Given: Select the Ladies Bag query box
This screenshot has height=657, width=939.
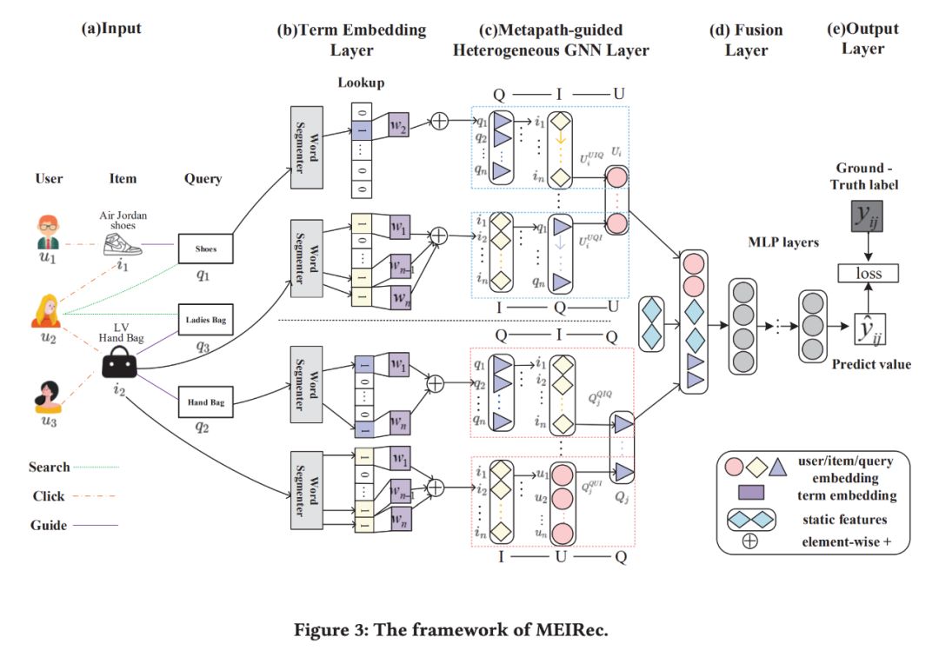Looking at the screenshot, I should [x=206, y=321].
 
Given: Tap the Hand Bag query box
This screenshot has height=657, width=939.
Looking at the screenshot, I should [x=206, y=401].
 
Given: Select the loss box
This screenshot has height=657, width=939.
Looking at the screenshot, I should [x=869, y=273].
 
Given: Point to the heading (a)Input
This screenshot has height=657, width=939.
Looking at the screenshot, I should [x=110, y=29].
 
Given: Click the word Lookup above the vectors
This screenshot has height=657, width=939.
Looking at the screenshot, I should [x=361, y=83].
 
